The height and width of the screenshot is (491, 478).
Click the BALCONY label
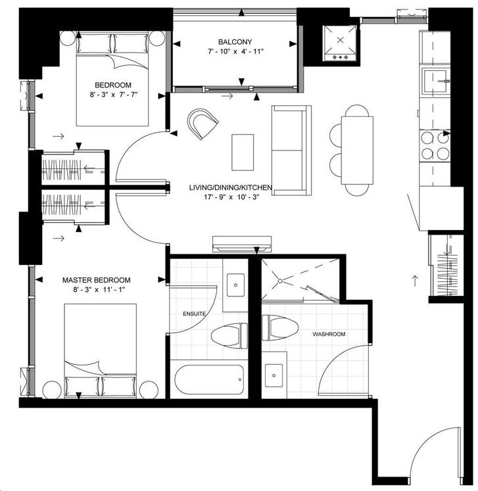pyautogui.click(x=235, y=41)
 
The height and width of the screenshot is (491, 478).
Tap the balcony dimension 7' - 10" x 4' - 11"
pyautogui.click(x=235, y=51)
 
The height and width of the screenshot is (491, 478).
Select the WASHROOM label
pyautogui.click(x=329, y=334)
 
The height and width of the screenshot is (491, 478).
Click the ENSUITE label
pyautogui.click(x=194, y=314)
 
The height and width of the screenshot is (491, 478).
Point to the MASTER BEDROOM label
pyautogui.click(x=97, y=280)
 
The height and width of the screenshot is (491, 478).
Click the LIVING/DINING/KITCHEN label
pyautogui.click(x=230, y=187)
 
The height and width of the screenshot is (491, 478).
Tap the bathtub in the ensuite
pyautogui.click(x=209, y=379)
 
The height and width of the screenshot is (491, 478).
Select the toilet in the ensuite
pyautogui.click(x=229, y=337)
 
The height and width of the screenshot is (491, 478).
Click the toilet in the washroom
pyautogui.click(x=279, y=328)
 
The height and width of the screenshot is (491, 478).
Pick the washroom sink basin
pyautogui.click(x=274, y=375)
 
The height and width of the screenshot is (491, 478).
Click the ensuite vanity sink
pyautogui.click(x=235, y=285)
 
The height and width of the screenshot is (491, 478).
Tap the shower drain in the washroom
pyautogui.click(x=280, y=281)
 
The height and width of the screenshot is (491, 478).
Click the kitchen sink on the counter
pyautogui.click(x=436, y=81)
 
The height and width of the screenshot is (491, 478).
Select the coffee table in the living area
pyautogui.click(x=243, y=152)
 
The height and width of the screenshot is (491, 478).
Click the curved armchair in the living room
pyautogui.click(x=203, y=124)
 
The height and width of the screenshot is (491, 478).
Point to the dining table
pyautogui.click(x=357, y=151)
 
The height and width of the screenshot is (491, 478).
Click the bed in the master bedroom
pyautogui.click(x=100, y=351)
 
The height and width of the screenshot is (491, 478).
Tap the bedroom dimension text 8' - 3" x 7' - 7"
pyautogui.click(x=113, y=95)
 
